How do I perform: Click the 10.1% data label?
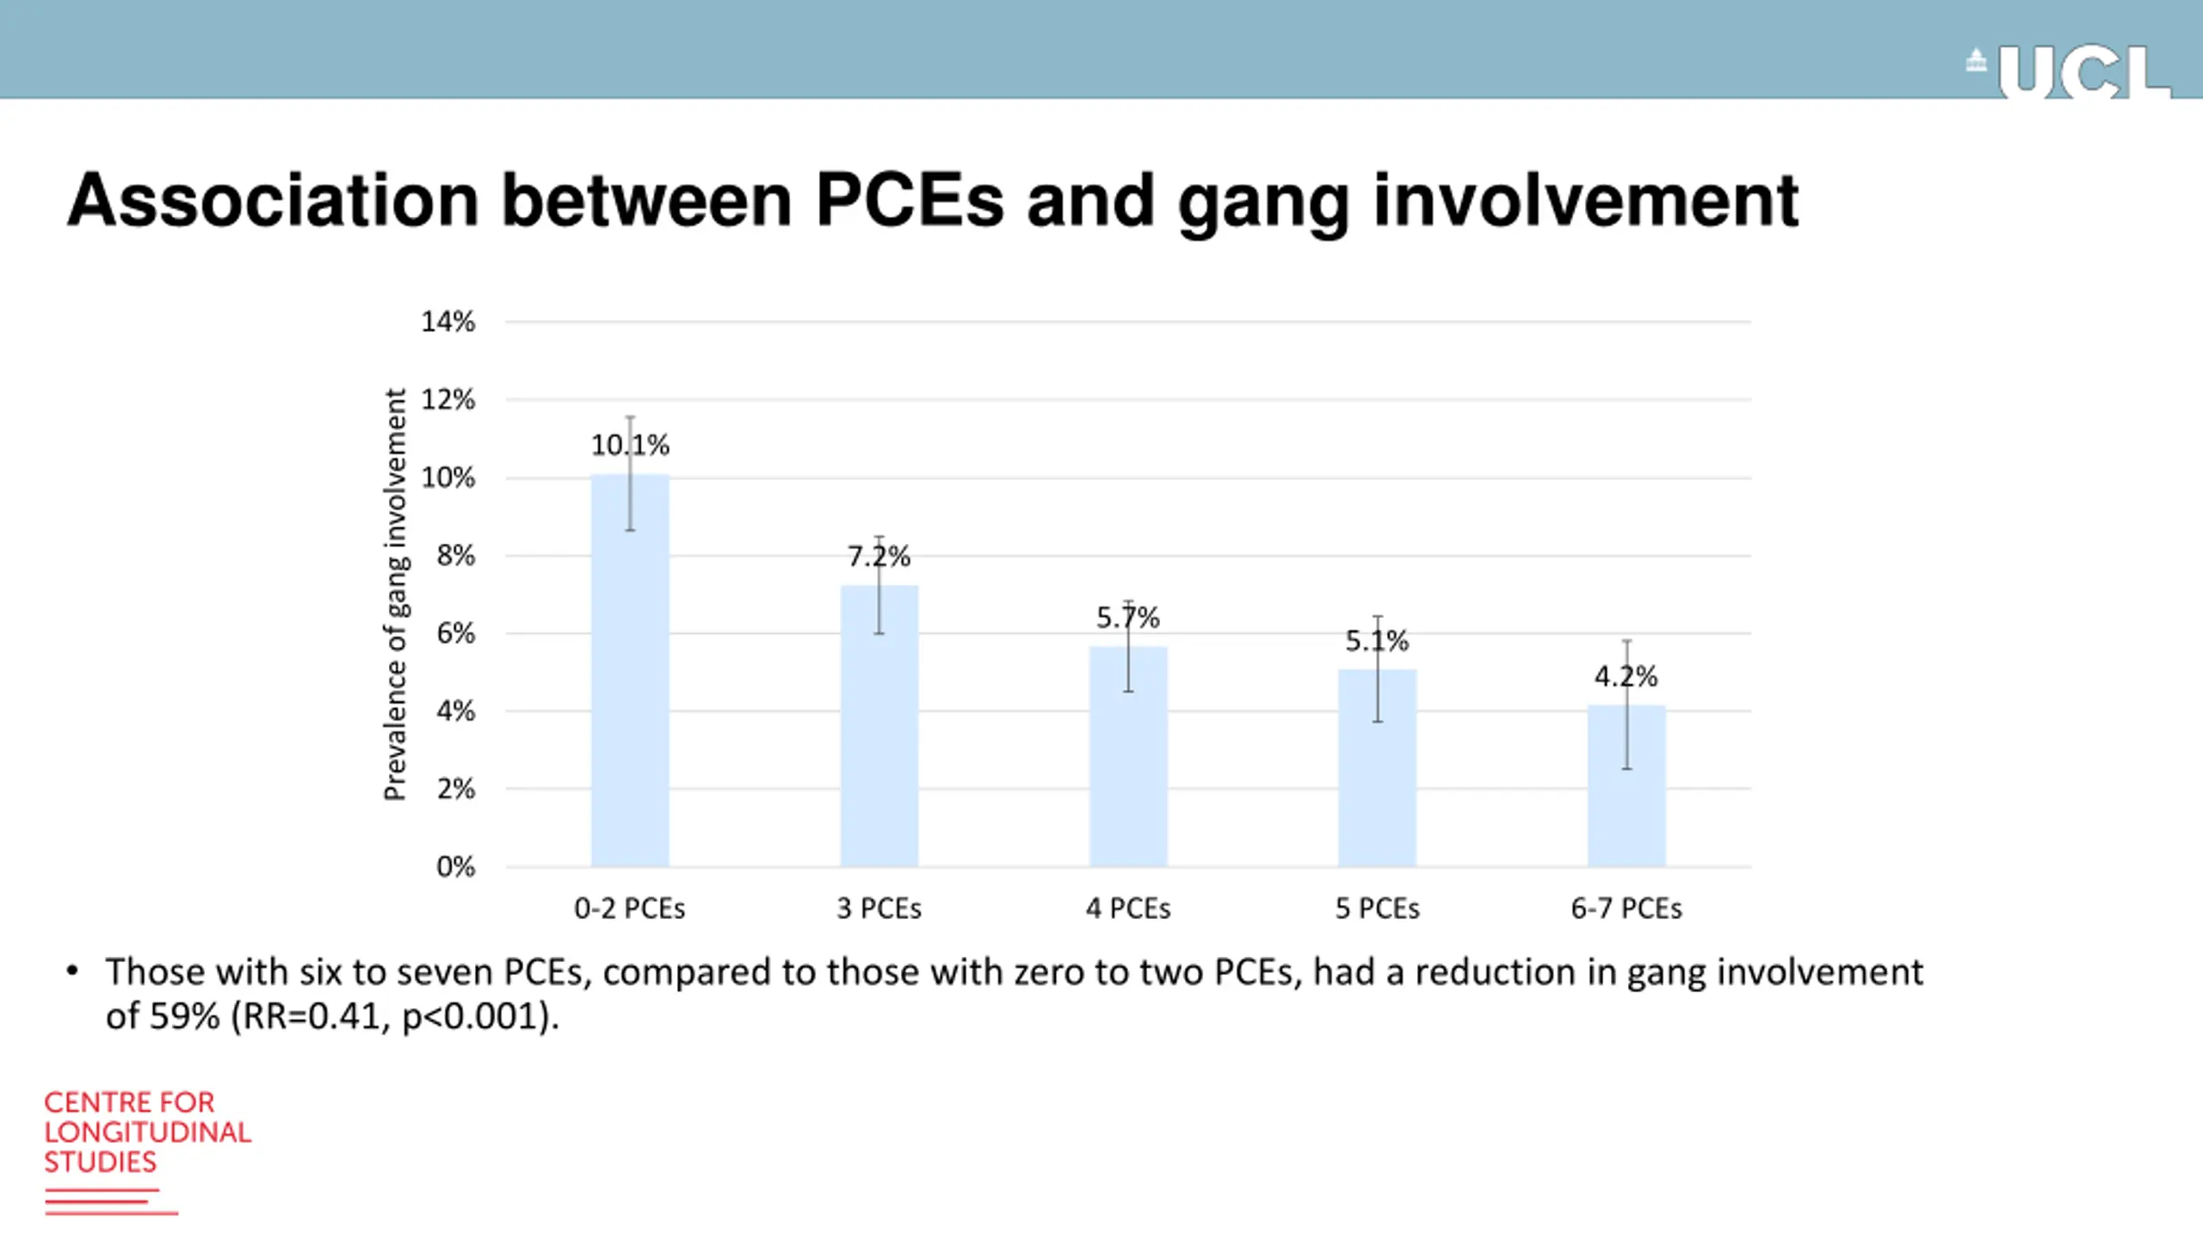(630, 445)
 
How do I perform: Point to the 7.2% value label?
(879, 557)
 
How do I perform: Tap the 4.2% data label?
(1626, 676)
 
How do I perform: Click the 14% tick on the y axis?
(447, 322)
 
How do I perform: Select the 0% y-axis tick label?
(455, 866)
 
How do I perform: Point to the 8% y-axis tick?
(455, 556)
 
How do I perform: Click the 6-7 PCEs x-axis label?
(1626, 909)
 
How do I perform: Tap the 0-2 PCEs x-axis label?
(630, 909)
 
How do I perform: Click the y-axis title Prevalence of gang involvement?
(395, 594)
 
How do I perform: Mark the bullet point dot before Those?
(72, 972)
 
